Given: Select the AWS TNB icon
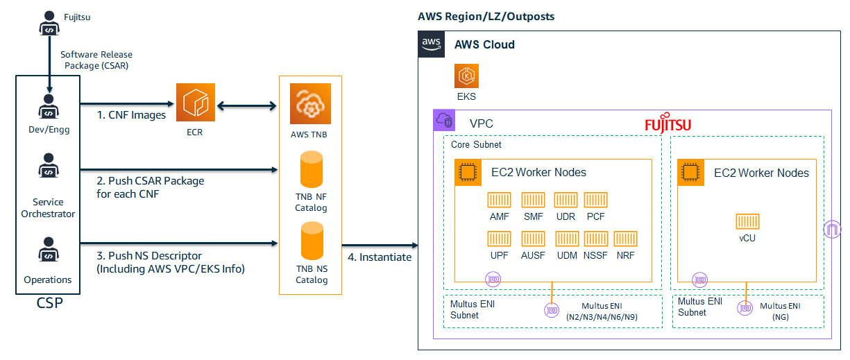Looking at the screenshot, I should [x=310, y=104].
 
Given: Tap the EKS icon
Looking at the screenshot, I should [x=466, y=76].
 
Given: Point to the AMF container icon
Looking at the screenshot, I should [x=498, y=200].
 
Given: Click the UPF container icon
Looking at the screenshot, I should [x=498, y=239].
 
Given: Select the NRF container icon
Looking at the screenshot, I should [x=625, y=239].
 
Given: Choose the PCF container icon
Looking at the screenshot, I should [x=595, y=200].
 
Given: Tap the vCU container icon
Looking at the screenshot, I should [x=747, y=221].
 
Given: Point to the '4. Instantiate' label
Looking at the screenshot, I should [x=379, y=257].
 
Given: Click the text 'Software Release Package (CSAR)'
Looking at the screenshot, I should [x=96, y=60].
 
